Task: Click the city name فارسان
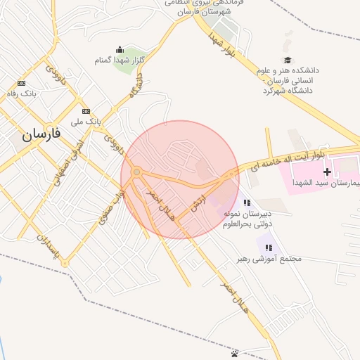41,133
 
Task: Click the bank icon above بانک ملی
86,111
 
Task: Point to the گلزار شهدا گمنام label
120,60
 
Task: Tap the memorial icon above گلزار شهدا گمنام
120,49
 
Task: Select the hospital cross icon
327,172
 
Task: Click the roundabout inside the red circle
136,172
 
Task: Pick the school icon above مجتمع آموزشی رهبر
269,247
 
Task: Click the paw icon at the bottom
234,353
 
